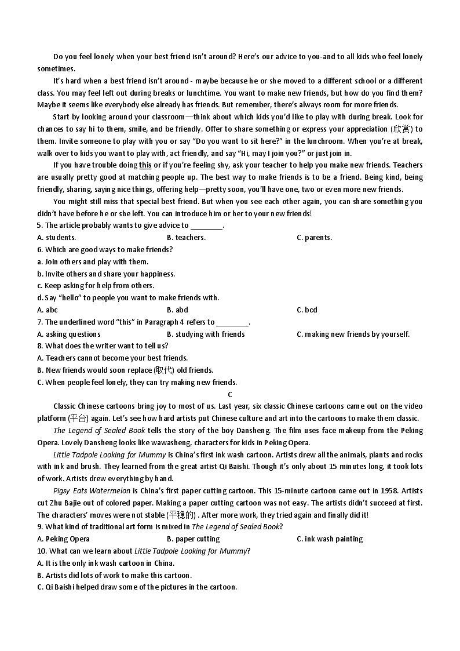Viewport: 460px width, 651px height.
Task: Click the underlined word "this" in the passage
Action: (145, 165)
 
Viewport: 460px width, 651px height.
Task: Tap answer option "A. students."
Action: (56, 237)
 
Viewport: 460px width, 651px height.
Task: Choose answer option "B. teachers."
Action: (186, 237)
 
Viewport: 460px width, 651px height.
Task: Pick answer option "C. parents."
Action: (314, 237)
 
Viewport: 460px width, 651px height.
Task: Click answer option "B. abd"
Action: (177, 310)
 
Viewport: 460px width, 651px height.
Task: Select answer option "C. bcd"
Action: (307, 310)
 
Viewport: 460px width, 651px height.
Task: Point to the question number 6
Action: (39, 249)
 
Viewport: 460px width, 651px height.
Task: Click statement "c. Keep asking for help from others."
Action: (96, 285)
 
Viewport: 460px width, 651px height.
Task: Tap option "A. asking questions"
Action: (69, 334)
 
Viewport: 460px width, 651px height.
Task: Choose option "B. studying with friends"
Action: (206, 334)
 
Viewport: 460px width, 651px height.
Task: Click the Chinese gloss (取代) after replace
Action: (164, 370)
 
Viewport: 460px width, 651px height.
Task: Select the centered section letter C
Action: (230, 394)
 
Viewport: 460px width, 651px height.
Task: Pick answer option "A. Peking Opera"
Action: (63, 539)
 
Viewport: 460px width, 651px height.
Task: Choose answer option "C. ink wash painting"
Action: (330, 539)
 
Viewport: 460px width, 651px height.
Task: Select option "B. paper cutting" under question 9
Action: (193, 539)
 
